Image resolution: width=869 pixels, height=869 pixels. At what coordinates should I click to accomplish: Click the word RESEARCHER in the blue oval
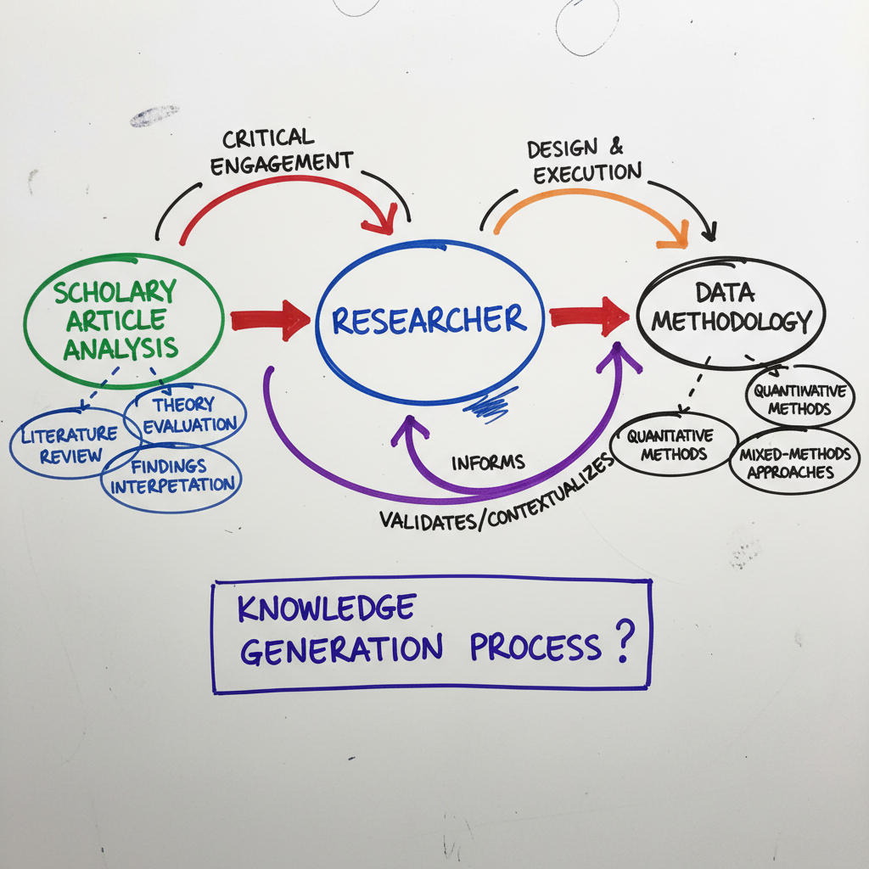coord(429,320)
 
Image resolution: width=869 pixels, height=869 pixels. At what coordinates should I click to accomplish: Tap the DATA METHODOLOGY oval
coord(730,310)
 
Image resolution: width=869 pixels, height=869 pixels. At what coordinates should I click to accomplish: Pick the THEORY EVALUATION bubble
coord(187,415)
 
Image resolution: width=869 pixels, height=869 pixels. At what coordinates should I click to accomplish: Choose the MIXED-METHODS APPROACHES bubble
coord(794,463)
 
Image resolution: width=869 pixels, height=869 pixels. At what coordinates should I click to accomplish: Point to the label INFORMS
coord(488,463)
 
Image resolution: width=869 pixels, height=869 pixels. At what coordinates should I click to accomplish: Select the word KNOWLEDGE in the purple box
coord(326,608)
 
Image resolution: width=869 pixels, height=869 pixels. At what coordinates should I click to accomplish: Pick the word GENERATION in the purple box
coord(341,649)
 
